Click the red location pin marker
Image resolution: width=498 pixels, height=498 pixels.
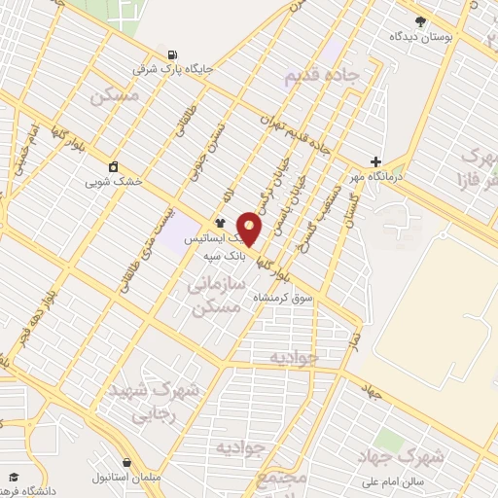[250, 228]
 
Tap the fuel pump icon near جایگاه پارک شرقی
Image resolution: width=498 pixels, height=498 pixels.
[173, 54]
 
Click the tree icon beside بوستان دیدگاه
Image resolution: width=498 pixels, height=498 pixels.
[420, 20]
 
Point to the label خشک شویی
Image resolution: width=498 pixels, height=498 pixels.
[113, 181]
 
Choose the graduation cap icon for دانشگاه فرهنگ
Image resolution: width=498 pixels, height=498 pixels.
[14, 477]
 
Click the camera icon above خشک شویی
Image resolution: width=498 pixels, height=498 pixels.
[114, 165]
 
